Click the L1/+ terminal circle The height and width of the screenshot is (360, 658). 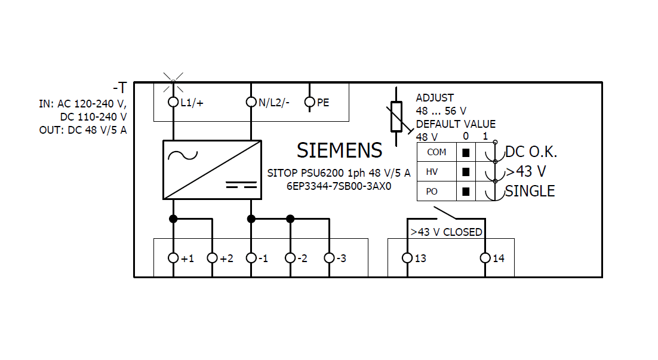[x=173, y=102]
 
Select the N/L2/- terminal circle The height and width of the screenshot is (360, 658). [x=251, y=102]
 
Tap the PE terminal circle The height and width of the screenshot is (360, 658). [x=309, y=102]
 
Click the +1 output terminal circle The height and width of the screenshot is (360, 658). [x=173, y=258]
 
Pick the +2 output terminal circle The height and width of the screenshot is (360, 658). [x=212, y=258]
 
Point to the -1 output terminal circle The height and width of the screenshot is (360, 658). [x=251, y=258]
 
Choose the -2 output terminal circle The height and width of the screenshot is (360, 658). [x=290, y=258]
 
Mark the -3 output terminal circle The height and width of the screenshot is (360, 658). [x=329, y=258]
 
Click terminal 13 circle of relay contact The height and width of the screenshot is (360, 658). [x=407, y=258]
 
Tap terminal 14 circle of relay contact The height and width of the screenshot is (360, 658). [x=485, y=258]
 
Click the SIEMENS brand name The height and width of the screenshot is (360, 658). [x=339, y=150]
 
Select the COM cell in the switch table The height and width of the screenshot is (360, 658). [x=436, y=152]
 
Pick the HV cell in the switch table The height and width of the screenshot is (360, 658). [x=432, y=172]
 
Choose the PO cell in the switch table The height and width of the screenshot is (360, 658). [x=432, y=192]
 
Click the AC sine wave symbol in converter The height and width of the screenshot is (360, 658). [x=183, y=155]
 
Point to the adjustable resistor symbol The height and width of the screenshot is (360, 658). [x=395, y=117]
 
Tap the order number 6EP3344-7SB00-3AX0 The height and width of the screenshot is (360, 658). [x=339, y=186]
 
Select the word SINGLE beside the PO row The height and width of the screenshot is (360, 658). [x=530, y=191]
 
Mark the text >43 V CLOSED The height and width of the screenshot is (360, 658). [x=446, y=232]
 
